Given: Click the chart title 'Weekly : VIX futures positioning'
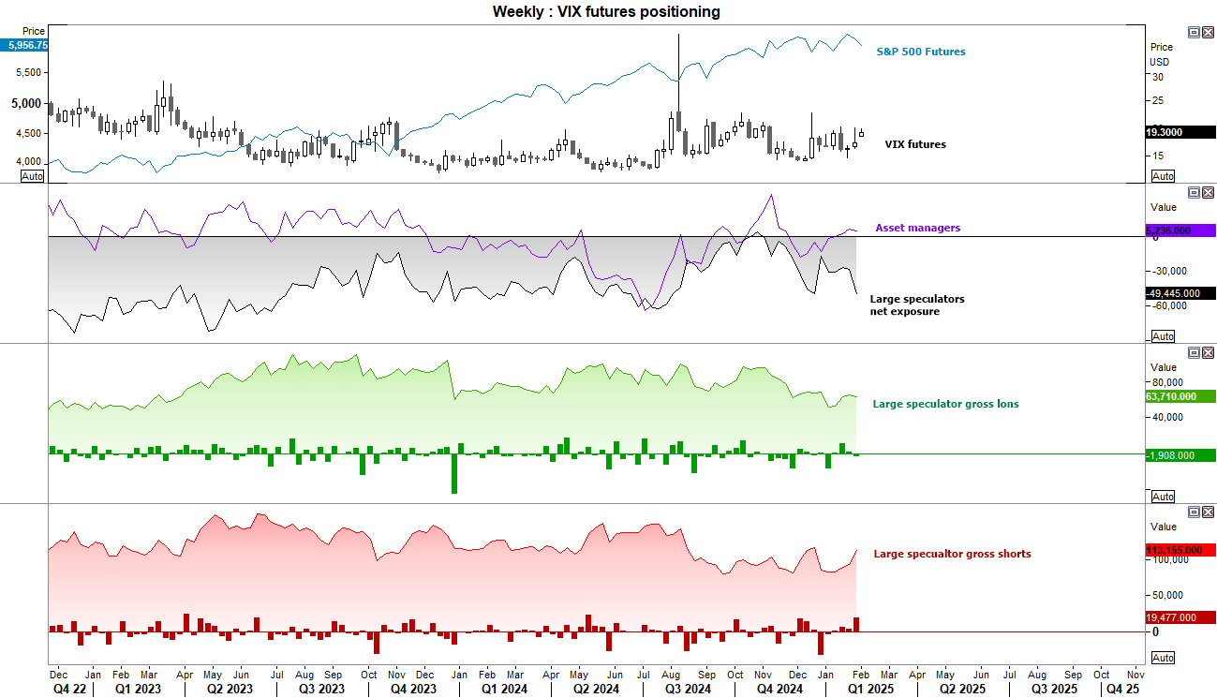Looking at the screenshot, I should point(606,11).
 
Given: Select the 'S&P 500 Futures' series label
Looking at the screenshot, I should point(920,52).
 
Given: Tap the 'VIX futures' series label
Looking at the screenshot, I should point(915,144).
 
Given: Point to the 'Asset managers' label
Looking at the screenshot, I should point(917,228).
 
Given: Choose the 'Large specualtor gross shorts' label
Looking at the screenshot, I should point(952,554).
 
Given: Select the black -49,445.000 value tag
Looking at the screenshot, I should point(1179,293).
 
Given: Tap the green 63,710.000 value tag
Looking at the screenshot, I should point(1178,396).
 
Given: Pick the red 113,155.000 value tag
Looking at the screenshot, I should point(1179,550).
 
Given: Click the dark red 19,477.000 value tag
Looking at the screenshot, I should point(1179,617).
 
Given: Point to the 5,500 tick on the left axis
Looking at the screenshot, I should point(30,72).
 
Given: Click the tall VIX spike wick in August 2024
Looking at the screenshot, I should point(677,56).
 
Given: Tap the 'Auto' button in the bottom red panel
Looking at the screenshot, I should point(1163,658).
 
